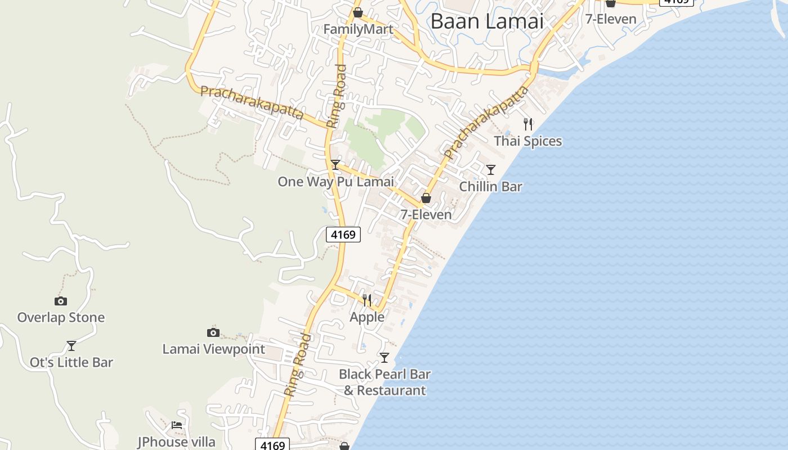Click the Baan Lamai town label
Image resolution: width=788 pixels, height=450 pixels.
(x=487, y=21)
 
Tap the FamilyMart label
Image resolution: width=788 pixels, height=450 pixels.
(x=358, y=29)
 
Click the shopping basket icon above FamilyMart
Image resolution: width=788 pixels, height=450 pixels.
(x=358, y=12)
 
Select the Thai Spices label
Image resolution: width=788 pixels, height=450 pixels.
(x=528, y=141)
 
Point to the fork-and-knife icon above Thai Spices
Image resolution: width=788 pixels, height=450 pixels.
(x=528, y=124)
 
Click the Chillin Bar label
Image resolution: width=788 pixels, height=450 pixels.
(x=491, y=186)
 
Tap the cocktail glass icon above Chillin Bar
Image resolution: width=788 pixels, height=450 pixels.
(x=491, y=169)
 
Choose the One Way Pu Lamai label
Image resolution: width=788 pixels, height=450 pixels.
(x=335, y=182)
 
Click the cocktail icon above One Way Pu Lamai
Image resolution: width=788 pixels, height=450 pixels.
(x=335, y=165)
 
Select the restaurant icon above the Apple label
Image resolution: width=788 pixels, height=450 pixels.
(x=367, y=300)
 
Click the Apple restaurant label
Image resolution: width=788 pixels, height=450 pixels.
(x=367, y=317)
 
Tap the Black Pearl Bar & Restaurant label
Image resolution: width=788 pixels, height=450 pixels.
(x=385, y=382)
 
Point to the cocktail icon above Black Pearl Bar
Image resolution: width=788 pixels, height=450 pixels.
(x=384, y=358)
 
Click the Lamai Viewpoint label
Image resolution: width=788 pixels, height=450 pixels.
(x=213, y=349)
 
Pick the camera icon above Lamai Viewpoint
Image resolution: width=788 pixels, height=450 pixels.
(x=213, y=332)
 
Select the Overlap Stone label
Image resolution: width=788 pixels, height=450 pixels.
(x=61, y=318)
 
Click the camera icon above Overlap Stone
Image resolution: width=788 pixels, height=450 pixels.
(x=61, y=301)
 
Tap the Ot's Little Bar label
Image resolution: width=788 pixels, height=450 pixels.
(x=71, y=363)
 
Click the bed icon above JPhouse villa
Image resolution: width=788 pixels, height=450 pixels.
(x=177, y=425)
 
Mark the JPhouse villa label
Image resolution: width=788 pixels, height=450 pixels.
(x=177, y=442)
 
